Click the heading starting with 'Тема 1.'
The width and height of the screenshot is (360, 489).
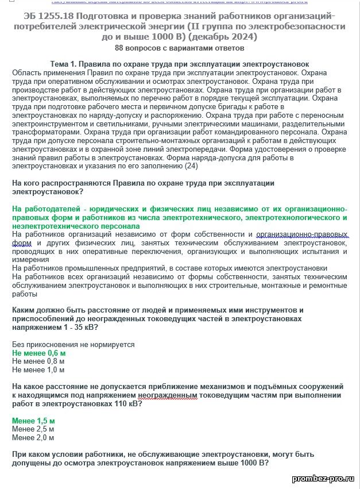(180, 64)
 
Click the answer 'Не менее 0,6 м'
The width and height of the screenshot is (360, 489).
(39, 353)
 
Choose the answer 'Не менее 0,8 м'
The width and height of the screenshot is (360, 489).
(38, 361)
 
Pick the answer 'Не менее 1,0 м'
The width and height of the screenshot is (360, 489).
(38, 370)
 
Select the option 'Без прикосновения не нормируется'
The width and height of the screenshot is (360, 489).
(73, 344)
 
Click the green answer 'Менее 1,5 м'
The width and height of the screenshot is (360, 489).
(33, 421)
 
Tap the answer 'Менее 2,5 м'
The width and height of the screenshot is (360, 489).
(33, 429)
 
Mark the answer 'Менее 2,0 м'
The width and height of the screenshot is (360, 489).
(33, 437)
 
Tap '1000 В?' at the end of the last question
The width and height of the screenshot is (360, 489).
(254, 463)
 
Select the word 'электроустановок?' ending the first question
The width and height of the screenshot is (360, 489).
(45, 191)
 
